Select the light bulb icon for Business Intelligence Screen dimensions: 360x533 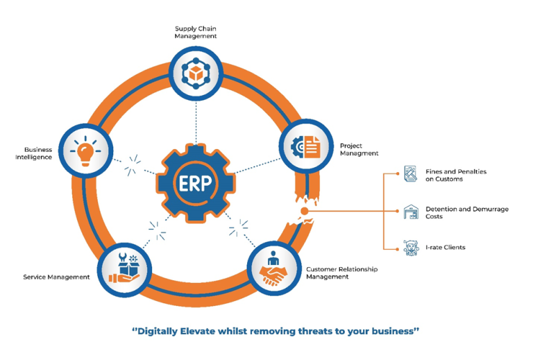click(x=85, y=148)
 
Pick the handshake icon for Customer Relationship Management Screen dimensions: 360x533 click(x=272, y=269)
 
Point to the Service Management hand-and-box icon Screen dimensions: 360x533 click(x=124, y=269)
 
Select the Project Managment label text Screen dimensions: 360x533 click(x=359, y=150)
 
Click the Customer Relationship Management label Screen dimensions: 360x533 click(x=341, y=273)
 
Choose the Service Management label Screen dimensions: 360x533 click(x=56, y=277)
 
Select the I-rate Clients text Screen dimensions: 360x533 click(x=445, y=247)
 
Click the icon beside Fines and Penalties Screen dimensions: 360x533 click(x=411, y=174)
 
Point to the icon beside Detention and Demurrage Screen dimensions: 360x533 click(x=411, y=212)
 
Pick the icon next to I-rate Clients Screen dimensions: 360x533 click(x=411, y=248)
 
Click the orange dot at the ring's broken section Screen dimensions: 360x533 click(x=303, y=211)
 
